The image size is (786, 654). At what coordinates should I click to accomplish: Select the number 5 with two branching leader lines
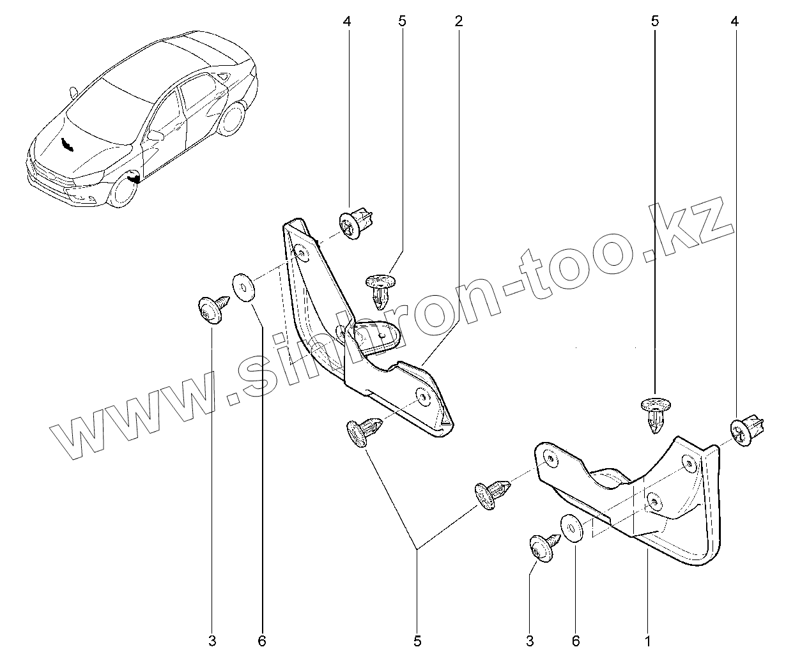417,639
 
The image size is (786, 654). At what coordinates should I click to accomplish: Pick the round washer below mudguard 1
570,528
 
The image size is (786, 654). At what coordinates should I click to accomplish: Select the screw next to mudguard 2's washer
211,308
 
